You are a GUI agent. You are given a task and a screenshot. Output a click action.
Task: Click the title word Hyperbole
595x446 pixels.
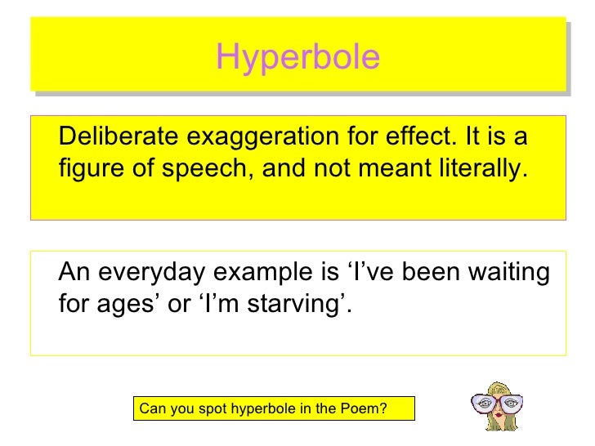click(297, 57)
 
